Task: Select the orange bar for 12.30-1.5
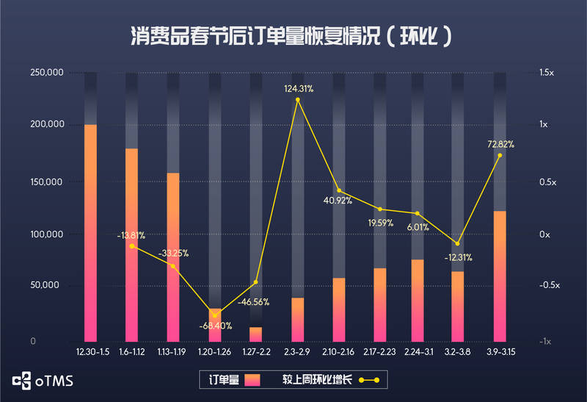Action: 90,231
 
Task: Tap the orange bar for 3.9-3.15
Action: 499,276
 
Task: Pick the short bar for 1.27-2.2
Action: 255,334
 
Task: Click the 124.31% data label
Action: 299,89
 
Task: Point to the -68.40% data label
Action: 216,326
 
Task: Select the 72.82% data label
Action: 500,144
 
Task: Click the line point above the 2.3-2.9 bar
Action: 298,99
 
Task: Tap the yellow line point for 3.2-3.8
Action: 458,243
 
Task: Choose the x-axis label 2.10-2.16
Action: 339,353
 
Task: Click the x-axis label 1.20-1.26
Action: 215,353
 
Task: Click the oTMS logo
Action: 42,380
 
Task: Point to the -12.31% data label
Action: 459,257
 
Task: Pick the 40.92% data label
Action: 338,199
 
